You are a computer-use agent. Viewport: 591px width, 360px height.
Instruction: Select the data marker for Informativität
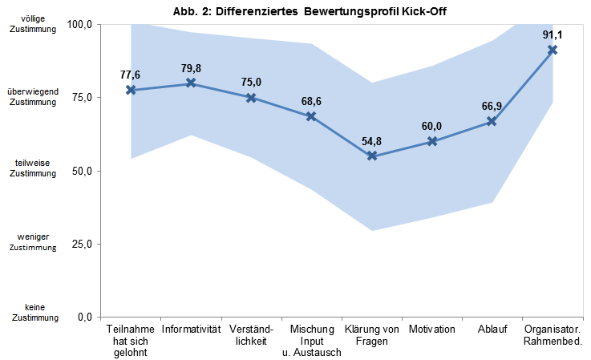191,83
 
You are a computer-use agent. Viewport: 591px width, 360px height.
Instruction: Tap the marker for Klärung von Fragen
372,156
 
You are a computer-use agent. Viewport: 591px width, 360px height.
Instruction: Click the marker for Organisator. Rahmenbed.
553,50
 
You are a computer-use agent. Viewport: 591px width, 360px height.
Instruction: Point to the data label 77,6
130,75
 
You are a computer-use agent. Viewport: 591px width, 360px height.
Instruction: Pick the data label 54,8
372,141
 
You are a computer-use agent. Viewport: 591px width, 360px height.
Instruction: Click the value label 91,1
553,35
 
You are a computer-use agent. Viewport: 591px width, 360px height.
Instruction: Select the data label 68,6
311,102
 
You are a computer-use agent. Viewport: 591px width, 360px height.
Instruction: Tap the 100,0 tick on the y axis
82,25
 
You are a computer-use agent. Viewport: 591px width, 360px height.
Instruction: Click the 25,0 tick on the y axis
83,244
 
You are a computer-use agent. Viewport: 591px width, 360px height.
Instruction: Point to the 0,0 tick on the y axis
86,317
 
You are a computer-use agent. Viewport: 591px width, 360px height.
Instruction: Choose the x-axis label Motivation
432,330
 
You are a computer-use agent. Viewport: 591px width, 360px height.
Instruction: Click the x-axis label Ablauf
492,330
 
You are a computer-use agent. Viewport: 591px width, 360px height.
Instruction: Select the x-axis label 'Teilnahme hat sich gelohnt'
131,341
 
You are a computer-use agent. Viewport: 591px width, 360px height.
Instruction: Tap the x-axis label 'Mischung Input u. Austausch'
311,341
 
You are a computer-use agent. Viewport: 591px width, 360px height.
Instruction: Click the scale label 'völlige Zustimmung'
33,24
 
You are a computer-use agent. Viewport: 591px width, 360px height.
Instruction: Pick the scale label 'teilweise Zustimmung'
33,168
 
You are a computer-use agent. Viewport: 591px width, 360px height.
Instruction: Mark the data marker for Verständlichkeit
251,98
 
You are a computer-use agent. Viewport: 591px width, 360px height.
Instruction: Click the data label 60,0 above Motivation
432,126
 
